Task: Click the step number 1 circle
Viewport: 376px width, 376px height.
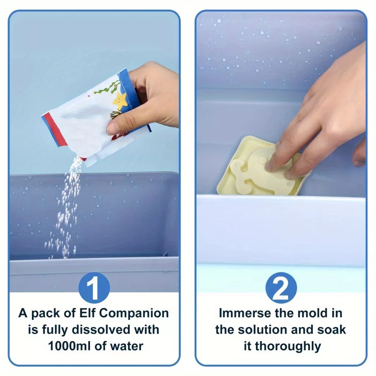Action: click(94, 288)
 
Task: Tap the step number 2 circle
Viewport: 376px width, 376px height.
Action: click(281, 288)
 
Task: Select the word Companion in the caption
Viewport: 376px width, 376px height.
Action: click(134, 314)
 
